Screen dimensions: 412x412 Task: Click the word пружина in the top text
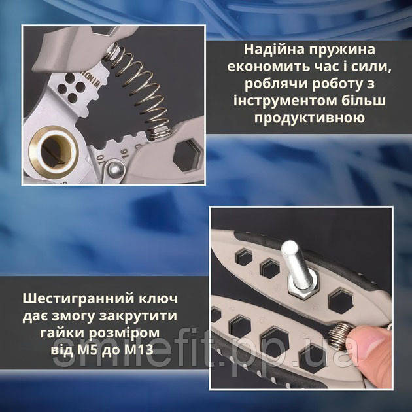(342, 50)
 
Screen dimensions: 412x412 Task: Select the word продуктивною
(309, 118)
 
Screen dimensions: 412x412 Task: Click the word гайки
(62, 333)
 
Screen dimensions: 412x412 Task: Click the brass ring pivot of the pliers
(54, 152)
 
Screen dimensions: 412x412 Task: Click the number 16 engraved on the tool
(124, 154)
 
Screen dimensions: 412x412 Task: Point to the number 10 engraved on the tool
(100, 160)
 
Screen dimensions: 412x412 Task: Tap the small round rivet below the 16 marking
(115, 169)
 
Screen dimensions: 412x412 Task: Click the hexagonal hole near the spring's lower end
(186, 155)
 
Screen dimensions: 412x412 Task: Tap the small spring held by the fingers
(340, 334)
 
